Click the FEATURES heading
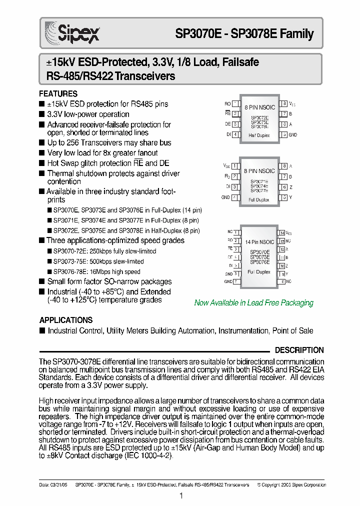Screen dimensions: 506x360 [58, 94]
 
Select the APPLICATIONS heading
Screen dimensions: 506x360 [65, 320]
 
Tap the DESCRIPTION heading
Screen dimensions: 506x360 [299, 350]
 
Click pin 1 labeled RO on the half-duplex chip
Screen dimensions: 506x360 [234, 104]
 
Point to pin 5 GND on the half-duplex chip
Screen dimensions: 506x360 [284, 135]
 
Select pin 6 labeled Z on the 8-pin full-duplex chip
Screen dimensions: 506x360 [283, 187]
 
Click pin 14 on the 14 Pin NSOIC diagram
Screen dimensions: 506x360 [282, 233]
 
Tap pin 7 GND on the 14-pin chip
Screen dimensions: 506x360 [236, 282]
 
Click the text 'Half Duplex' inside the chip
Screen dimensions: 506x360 [259, 135]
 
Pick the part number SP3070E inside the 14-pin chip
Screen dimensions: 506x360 [259, 252]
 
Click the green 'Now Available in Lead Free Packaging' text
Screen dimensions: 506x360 [253, 303]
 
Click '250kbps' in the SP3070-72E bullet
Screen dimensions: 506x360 [89, 251]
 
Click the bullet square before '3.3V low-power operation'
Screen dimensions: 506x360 [41, 114]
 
